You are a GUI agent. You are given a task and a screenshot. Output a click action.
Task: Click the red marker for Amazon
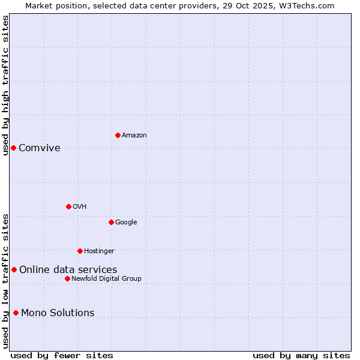tap(118, 135)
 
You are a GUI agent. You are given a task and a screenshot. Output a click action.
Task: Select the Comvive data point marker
tap(13, 148)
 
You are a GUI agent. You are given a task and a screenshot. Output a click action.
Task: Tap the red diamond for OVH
tap(68, 206)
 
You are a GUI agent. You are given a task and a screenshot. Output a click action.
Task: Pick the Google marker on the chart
tap(111, 222)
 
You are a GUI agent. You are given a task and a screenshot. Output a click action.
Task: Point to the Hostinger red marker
tap(80, 251)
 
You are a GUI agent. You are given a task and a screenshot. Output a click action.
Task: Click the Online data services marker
tap(14, 269)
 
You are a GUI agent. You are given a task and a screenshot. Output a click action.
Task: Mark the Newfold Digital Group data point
tap(67, 278)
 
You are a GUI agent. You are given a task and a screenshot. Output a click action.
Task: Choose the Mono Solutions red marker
tap(16, 313)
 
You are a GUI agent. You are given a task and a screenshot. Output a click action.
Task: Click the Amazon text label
tap(134, 136)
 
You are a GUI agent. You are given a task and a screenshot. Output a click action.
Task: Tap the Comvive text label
tap(40, 148)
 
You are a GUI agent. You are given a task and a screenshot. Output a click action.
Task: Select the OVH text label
tap(80, 207)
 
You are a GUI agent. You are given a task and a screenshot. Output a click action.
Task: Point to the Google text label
tap(126, 223)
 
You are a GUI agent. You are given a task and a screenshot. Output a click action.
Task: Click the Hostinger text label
tap(99, 251)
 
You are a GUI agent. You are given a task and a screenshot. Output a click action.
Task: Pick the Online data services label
tap(68, 270)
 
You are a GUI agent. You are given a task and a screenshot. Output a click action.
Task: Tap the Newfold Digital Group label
tap(106, 279)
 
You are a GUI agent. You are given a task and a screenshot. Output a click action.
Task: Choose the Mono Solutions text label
tap(58, 313)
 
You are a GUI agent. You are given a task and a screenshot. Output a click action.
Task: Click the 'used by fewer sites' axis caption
tap(62, 356)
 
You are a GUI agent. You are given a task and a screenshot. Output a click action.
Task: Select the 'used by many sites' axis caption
tap(301, 356)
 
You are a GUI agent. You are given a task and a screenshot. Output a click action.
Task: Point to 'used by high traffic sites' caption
tap(5, 85)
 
